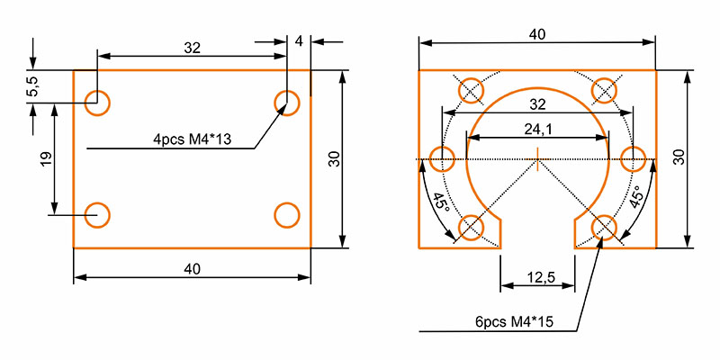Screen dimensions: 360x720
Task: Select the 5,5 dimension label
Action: tap(32, 87)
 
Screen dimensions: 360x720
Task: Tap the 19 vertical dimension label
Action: tap(46, 159)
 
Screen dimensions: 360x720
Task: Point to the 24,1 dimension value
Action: tap(537, 129)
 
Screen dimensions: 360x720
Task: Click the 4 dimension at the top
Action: tap(300, 41)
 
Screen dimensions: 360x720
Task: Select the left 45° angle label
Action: tap(438, 202)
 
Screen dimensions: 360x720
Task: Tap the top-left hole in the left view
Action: tap(97, 101)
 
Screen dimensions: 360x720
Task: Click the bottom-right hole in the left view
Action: tap(286, 215)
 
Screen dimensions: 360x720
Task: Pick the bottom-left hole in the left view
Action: tap(97, 215)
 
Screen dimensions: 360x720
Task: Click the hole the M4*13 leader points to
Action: tap(286, 101)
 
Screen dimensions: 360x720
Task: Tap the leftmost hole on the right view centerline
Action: tap(442, 160)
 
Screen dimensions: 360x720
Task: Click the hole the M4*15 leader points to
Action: tap(604, 227)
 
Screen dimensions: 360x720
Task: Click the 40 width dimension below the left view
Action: tap(191, 268)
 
